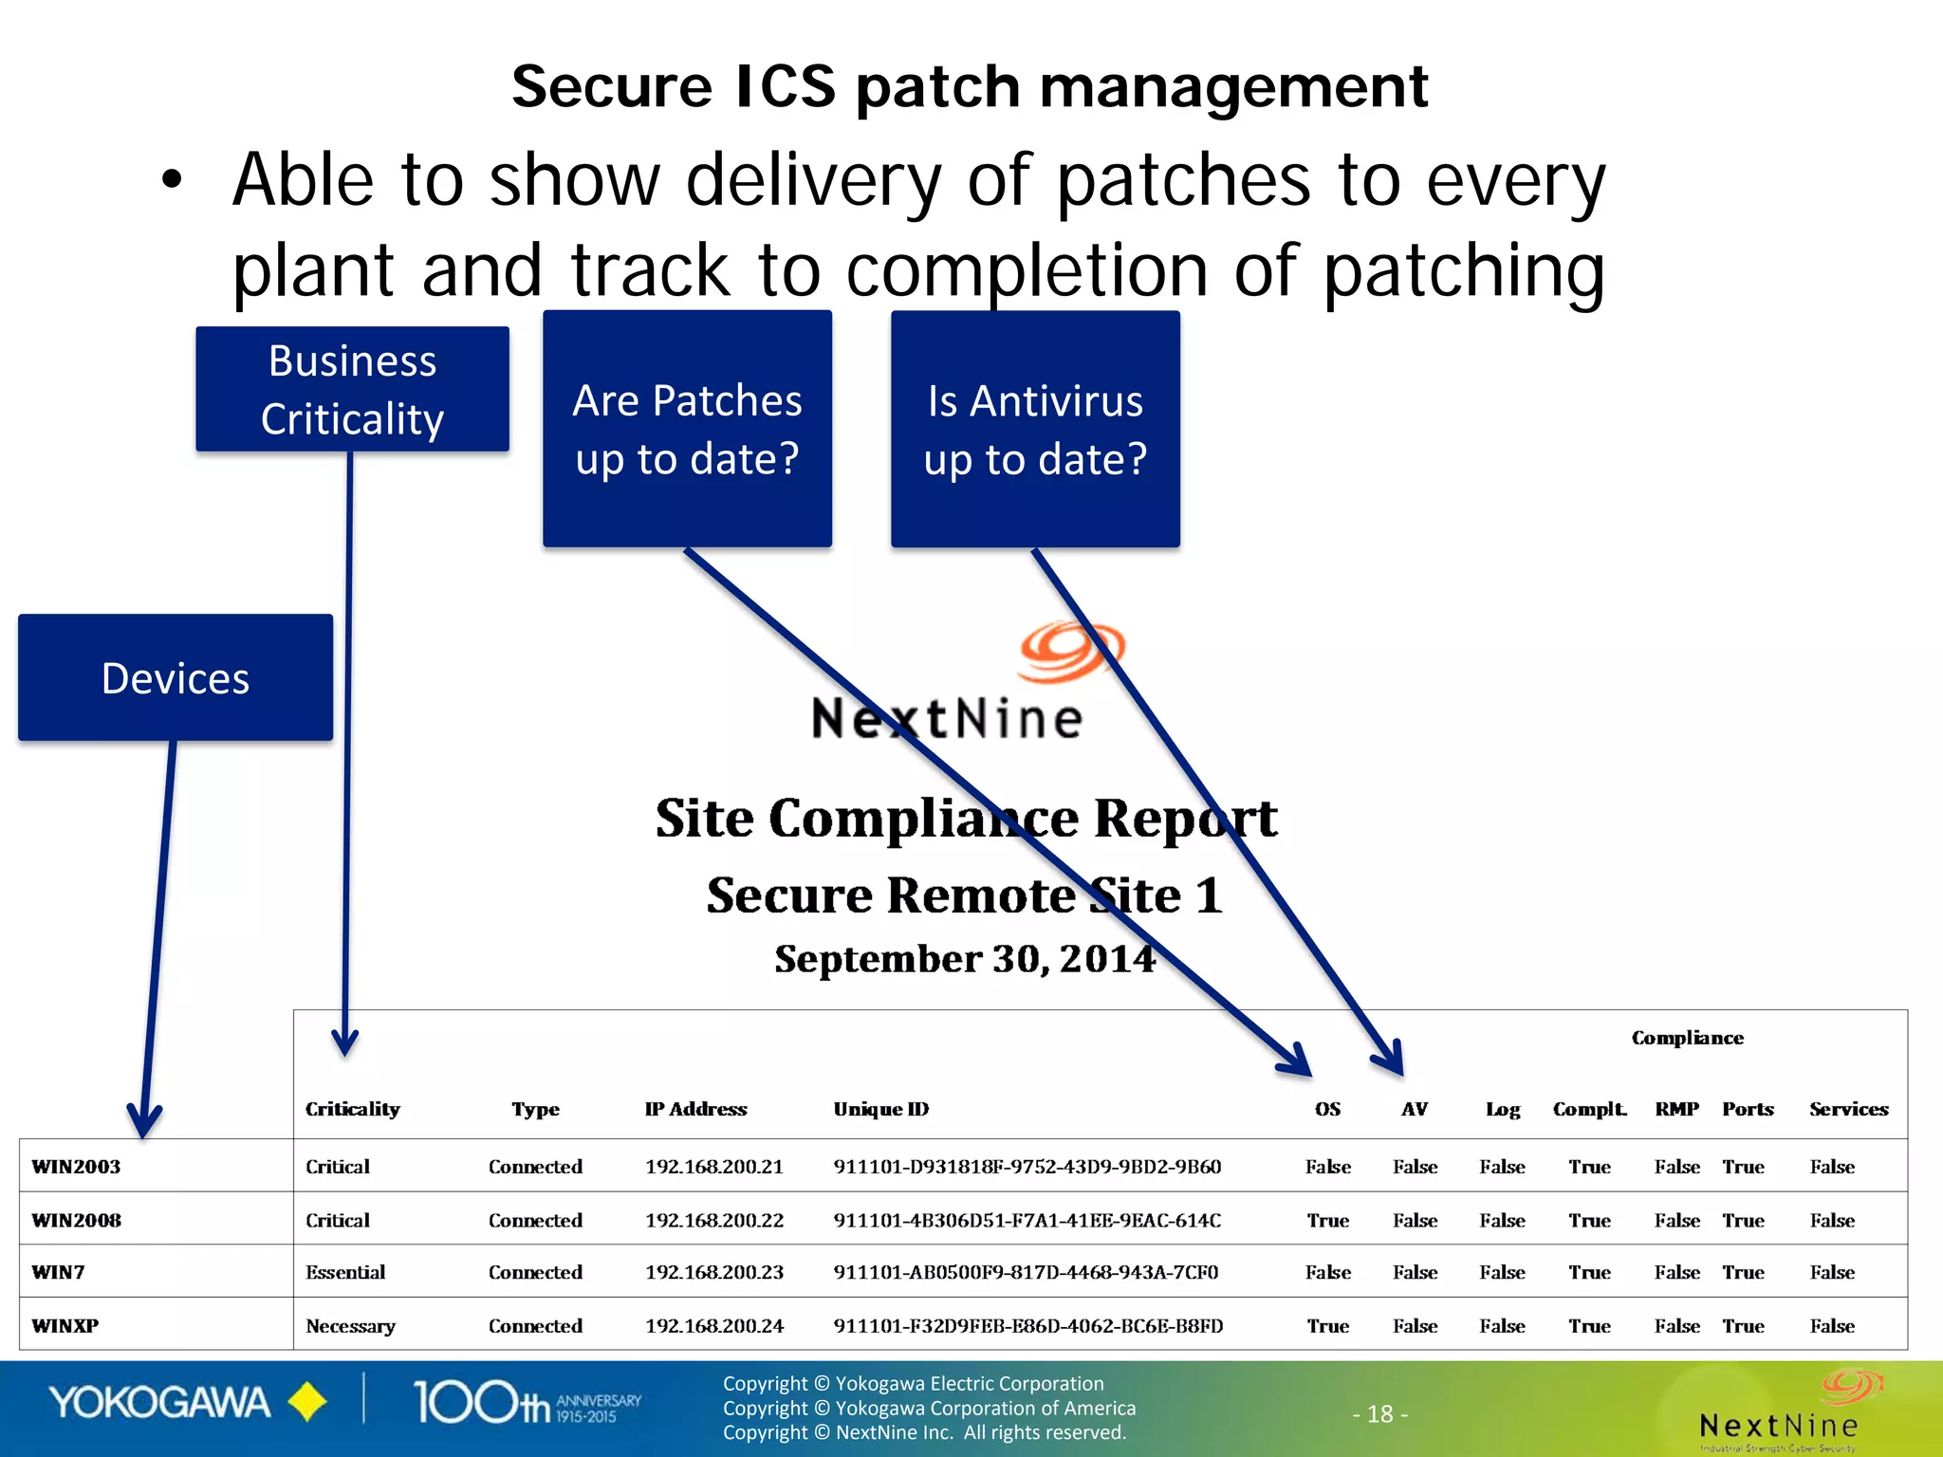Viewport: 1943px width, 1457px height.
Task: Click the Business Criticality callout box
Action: tap(352, 389)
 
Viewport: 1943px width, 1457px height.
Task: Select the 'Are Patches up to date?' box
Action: tap(687, 429)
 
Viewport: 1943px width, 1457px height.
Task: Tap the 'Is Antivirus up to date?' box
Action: tap(1035, 429)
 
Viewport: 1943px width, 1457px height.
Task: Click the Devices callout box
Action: tap(176, 677)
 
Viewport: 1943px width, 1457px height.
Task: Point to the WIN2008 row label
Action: tap(77, 1220)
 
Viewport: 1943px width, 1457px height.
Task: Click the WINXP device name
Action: tap(65, 1325)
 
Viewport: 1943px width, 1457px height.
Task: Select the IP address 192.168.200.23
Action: tap(714, 1272)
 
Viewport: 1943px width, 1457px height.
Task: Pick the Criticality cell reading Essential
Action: tap(345, 1272)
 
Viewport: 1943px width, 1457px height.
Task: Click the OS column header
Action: tap(1327, 1109)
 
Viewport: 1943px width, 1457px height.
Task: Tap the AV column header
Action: tap(1414, 1109)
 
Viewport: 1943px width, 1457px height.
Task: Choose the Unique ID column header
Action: tap(880, 1109)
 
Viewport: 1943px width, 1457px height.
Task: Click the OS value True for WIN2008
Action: tap(1327, 1220)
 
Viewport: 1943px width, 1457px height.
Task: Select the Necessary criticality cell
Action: tap(350, 1326)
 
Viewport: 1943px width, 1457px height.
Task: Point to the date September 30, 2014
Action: tap(965, 959)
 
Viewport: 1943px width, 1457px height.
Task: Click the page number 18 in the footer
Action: tap(1379, 1414)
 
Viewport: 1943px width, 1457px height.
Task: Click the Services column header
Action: tap(1848, 1109)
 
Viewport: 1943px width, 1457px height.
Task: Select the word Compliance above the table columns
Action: tap(1687, 1038)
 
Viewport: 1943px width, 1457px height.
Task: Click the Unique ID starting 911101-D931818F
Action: tap(1027, 1167)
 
